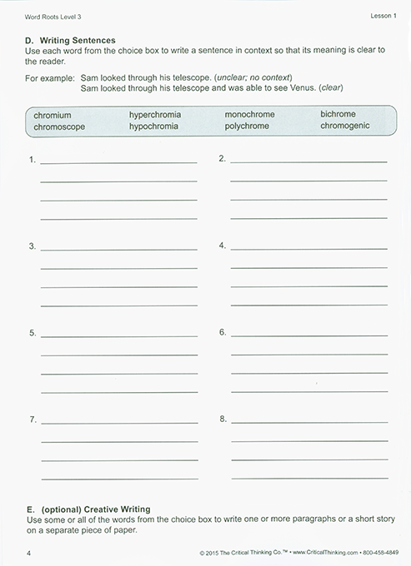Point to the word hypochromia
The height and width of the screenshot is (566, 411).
click(155, 127)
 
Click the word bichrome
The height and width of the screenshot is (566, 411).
click(338, 114)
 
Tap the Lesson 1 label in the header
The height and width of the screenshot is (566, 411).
click(380, 16)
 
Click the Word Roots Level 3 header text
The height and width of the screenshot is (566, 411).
click(53, 16)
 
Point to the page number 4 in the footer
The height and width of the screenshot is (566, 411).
click(28, 553)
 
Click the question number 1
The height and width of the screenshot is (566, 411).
click(32, 159)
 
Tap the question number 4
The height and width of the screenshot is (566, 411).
click(223, 246)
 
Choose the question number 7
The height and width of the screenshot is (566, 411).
click(32, 419)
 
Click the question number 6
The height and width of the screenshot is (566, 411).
click(223, 332)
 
